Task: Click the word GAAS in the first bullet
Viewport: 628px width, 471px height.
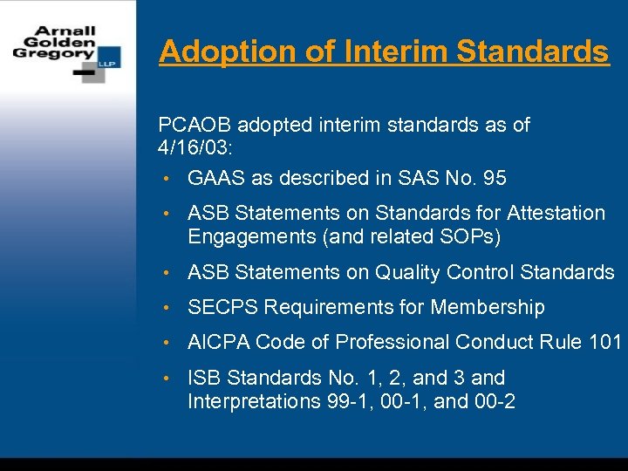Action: point(216,179)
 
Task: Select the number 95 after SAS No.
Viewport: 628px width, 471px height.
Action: point(494,179)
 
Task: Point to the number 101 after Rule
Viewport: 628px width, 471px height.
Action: point(604,343)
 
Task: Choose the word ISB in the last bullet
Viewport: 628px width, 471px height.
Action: point(203,379)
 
